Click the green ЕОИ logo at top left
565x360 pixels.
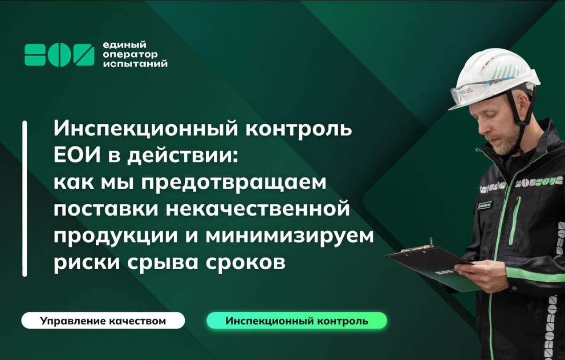(59, 55)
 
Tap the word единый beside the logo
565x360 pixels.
(124, 45)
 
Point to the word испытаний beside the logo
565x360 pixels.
(135, 64)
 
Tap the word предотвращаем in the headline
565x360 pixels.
(234, 183)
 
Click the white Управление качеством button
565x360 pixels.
(103, 321)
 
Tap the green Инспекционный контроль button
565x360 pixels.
(297, 321)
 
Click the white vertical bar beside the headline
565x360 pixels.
(25, 199)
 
